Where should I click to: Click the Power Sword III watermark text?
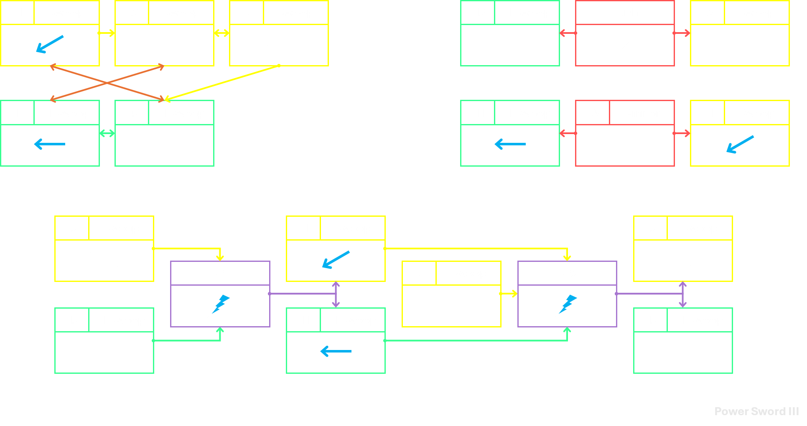(x=756, y=411)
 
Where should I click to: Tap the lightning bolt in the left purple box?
(x=221, y=304)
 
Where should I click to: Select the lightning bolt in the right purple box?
(x=568, y=304)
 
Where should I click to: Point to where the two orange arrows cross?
(x=107, y=83)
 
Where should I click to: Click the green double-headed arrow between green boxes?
(x=107, y=133)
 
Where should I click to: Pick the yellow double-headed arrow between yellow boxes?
(x=221, y=33)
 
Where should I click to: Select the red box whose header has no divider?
(x=625, y=33)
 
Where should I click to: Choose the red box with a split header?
(x=625, y=133)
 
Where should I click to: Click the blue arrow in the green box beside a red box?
(x=510, y=144)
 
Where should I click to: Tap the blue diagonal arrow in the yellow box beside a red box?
(x=740, y=145)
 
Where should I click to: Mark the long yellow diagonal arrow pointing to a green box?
(x=222, y=83)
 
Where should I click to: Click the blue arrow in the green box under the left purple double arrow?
(x=336, y=351)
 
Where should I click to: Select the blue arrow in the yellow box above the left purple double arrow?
(x=336, y=259)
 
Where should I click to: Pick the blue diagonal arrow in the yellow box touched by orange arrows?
(x=50, y=44)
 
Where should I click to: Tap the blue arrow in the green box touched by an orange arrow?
(x=50, y=144)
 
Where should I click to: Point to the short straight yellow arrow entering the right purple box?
(x=509, y=294)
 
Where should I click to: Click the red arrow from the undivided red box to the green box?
(x=568, y=33)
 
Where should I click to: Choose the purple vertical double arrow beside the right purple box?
(x=683, y=294)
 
